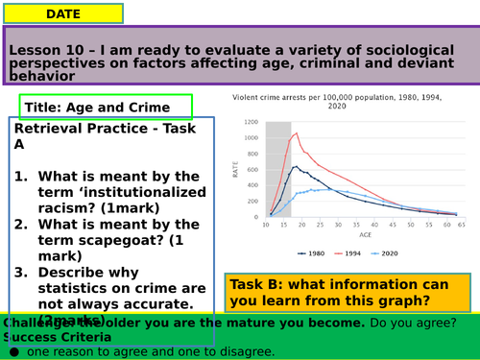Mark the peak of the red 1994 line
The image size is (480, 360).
point(297,132)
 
